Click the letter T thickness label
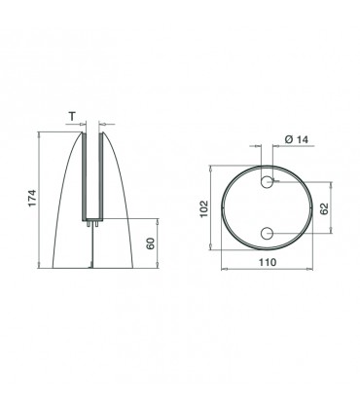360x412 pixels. click(72, 116)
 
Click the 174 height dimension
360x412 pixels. click(33, 198)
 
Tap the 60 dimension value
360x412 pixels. click(151, 243)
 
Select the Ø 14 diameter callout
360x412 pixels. click(297, 139)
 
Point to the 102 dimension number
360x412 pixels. click(203, 208)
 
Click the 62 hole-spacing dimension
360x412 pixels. click(324, 208)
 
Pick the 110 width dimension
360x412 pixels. click(268, 262)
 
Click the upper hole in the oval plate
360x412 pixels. click(267, 182)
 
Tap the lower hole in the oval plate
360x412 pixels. click(267, 233)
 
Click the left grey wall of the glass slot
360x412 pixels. click(84, 176)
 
